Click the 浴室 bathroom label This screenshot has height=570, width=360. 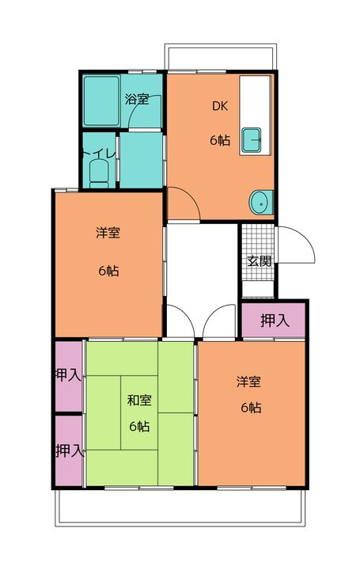click(x=137, y=100)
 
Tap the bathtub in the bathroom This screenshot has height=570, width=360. click(x=101, y=101)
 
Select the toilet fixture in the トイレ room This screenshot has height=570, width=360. click(x=99, y=173)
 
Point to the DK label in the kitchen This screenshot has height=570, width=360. click(x=218, y=105)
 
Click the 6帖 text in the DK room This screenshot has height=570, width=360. click(x=220, y=140)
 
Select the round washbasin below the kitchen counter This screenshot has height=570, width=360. click(x=259, y=203)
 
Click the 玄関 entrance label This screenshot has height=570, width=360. click(x=258, y=260)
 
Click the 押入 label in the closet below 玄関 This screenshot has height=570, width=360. click(x=274, y=321)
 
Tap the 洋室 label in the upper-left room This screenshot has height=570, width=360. click(x=108, y=233)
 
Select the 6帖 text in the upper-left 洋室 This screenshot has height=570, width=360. click(x=108, y=270)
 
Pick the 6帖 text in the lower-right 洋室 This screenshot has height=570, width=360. click(x=251, y=408)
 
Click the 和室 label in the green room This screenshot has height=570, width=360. click(x=139, y=400)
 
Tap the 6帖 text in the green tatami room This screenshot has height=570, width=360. click(x=140, y=426)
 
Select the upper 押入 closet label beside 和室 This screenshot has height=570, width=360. click(x=68, y=374)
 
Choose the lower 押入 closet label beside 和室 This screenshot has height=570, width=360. click(x=68, y=450)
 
